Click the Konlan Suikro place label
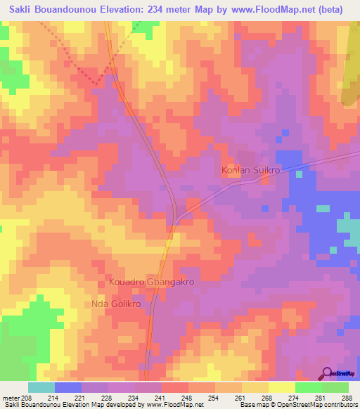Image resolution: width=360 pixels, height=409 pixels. coord(251,171)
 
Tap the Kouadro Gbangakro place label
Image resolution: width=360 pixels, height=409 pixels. coord(151,281)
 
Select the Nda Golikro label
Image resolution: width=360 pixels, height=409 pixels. coord(117,304)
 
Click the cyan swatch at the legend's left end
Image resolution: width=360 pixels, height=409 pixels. coord(41,387)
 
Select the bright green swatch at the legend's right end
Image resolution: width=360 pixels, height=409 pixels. coord(335,387)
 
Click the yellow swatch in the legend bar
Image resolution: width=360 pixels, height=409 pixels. coord(282,387)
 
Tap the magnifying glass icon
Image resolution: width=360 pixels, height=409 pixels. coord(327,373)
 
